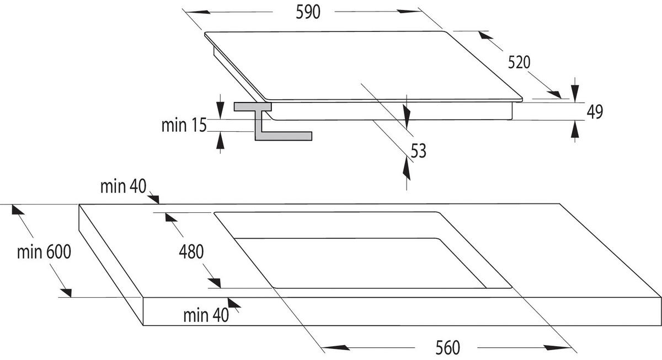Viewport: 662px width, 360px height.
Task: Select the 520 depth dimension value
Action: [519, 62]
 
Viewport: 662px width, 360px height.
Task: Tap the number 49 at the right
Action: [594, 112]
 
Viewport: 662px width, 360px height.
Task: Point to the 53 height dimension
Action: [418, 150]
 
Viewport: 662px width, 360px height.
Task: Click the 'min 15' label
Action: [183, 125]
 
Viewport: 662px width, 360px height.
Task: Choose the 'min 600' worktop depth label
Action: [44, 252]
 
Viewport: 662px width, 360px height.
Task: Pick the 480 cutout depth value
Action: [191, 251]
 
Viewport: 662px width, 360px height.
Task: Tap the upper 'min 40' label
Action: [122, 186]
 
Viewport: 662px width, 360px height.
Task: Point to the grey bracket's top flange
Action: [252, 106]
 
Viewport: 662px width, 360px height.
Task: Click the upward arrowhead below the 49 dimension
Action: [575, 130]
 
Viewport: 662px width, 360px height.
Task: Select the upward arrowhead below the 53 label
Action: [407, 165]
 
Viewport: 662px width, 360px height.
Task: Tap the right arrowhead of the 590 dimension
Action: [412, 12]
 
